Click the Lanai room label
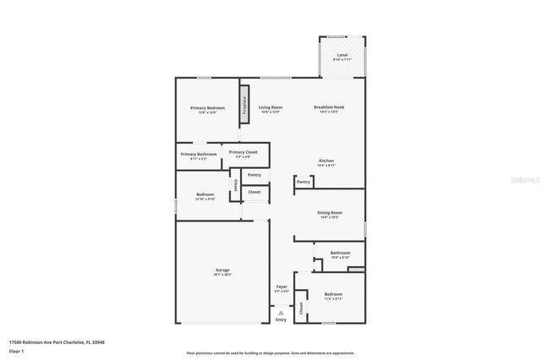click(342, 55)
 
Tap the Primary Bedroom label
click(207, 108)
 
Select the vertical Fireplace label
click(245, 105)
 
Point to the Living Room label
click(270, 107)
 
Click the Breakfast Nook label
click(329, 107)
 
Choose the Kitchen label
click(327, 161)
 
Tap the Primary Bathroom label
click(199, 154)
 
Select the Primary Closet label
click(243, 152)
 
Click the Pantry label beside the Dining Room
click(304, 182)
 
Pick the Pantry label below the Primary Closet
click(254, 175)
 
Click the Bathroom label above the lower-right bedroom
click(340, 252)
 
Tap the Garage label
click(221, 270)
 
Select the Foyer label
click(281, 287)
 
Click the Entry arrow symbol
click(281, 312)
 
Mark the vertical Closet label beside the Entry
click(301, 308)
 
